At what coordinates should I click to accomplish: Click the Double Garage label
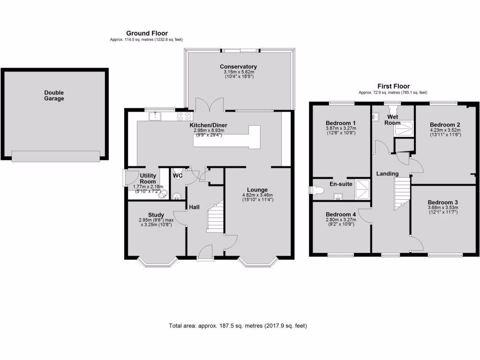coord(54,96)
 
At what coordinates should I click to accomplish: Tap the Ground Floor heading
coord(147,33)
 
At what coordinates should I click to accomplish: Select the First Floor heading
coord(393,86)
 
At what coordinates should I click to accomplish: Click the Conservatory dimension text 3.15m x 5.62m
coord(238,72)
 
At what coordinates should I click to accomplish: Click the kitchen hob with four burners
coord(184,116)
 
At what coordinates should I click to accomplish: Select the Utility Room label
coord(148,178)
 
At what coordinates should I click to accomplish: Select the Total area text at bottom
coord(238,325)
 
